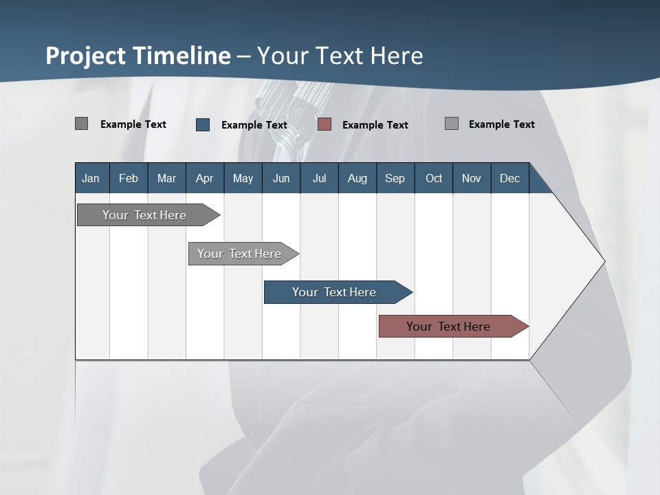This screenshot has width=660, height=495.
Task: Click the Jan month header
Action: [x=91, y=178]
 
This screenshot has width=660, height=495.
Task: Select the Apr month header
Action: [x=204, y=178]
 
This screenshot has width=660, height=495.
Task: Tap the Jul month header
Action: [x=319, y=178]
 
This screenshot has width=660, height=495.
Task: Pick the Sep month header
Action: [x=395, y=178]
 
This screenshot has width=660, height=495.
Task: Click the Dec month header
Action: [x=509, y=178]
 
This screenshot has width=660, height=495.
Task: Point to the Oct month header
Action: [x=434, y=178]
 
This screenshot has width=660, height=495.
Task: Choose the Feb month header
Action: [x=129, y=178]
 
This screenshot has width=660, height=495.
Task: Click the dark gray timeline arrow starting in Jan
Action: [x=144, y=215]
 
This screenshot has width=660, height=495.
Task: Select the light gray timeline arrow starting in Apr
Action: [x=239, y=254]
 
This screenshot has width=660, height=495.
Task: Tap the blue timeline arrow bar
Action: [x=334, y=292]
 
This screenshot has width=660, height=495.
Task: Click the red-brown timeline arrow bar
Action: [x=448, y=327]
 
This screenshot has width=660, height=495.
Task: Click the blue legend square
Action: [x=203, y=124]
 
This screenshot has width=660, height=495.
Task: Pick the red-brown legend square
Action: [x=324, y=124]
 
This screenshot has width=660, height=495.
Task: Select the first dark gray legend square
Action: [x=81, y=124]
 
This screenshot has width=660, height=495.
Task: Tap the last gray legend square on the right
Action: [x=452, y=124]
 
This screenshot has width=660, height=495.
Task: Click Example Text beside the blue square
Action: [x=254, y=125]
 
